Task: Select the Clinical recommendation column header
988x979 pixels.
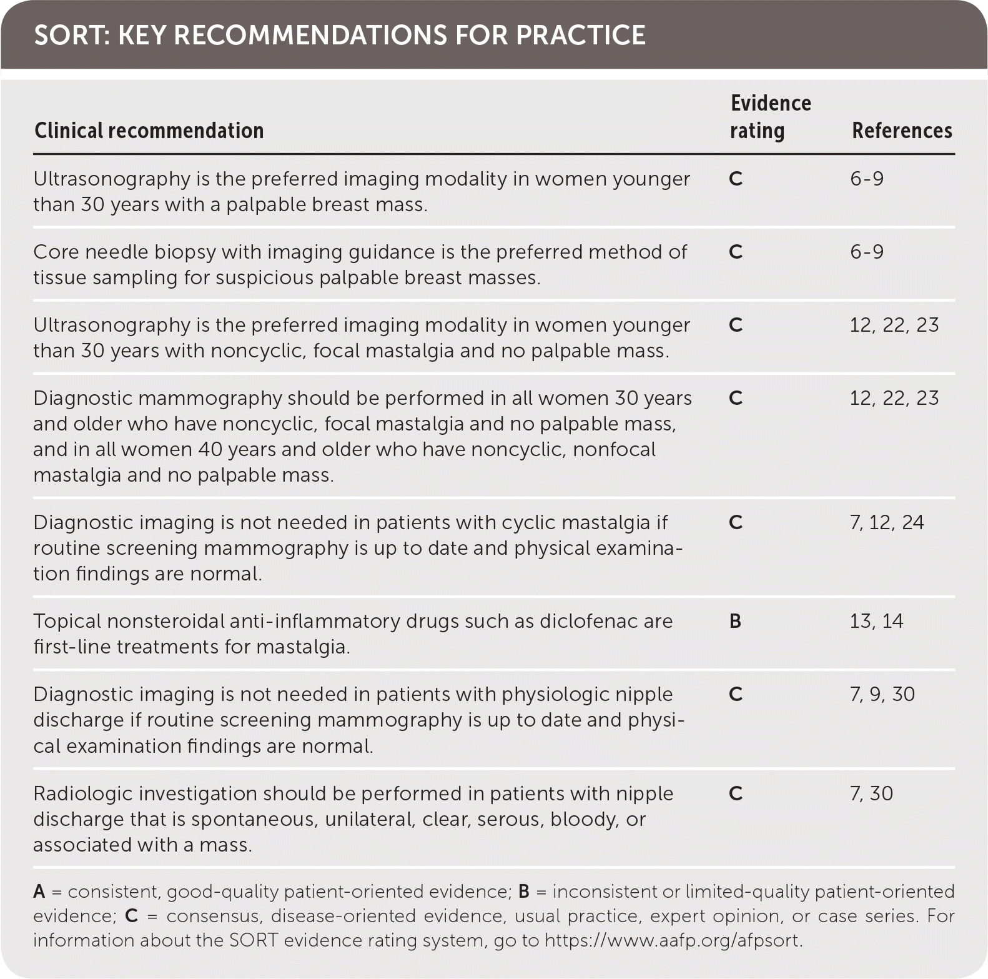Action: (149, 131)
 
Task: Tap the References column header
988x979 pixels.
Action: (902, 131)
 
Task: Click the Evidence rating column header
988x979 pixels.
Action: (770, 117)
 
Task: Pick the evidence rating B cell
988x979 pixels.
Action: (735, 621)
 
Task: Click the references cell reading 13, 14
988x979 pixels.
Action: (876, 621)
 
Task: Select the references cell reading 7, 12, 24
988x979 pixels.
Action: (886, 522)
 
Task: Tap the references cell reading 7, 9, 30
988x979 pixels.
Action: (882, 694)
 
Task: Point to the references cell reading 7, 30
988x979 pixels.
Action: (871, 793)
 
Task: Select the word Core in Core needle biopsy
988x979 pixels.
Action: (56, 252)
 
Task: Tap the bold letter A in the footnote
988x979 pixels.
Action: (39, 892)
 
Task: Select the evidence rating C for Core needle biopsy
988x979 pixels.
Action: (735, 252)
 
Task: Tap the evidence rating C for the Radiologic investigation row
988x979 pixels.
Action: (735, 793)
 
